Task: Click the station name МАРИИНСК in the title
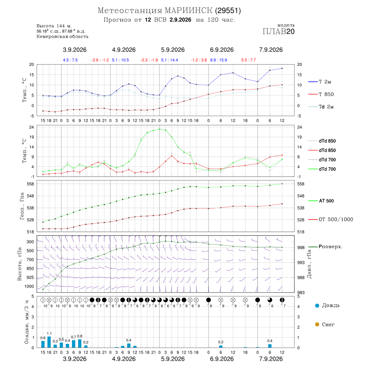(188, 11)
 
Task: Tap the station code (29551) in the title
(228, 11)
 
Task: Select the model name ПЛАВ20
(278, 31)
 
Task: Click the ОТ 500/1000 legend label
(336, 220)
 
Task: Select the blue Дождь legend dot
(317, 305)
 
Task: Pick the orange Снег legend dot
(317, 324)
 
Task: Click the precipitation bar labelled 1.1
(49, 342)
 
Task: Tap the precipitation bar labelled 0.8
(80, 343)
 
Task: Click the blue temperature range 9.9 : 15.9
(218, 60)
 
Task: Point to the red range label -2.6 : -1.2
(100, 60)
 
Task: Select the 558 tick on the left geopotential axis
(31, 184)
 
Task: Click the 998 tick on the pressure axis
(301, 248)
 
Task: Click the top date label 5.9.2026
(173, 50)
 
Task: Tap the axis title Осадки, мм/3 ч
(27, 322)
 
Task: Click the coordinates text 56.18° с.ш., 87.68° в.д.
(61, 31)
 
